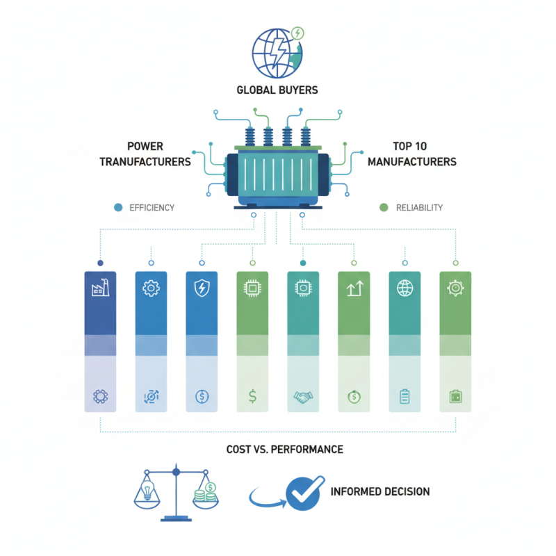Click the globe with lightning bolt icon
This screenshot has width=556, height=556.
[x=277, y=53]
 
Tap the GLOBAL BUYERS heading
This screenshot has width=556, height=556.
[x=277, y=90]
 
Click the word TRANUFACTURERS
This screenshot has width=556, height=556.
[x=145, y=162]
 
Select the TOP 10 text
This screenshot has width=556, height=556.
[x=409, y=146]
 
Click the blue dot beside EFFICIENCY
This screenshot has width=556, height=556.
[x=118, y=207]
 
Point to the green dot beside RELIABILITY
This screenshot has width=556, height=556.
[x=384, y=207]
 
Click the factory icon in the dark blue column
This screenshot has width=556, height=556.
[x=100, y=287]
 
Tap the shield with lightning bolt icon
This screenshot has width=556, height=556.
[x=202, y=288]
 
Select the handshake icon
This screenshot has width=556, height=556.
[x=303, y=397]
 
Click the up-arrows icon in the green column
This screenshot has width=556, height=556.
[x=355, y=288]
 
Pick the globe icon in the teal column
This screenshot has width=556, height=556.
[x=405, y=288]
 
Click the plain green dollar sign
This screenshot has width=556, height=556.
[x=252, y=396]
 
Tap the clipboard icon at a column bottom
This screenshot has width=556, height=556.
[x=404, y=396]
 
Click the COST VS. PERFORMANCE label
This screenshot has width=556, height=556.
[x=285, y=450]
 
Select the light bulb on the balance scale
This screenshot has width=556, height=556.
[x=147, y=491]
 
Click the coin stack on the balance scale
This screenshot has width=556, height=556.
[x=205, y=493]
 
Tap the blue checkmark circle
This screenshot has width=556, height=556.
[x=304, y=493]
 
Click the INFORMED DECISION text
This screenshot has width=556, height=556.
[x=380, y=491]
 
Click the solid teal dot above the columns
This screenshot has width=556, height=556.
[x=303, y=263]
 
